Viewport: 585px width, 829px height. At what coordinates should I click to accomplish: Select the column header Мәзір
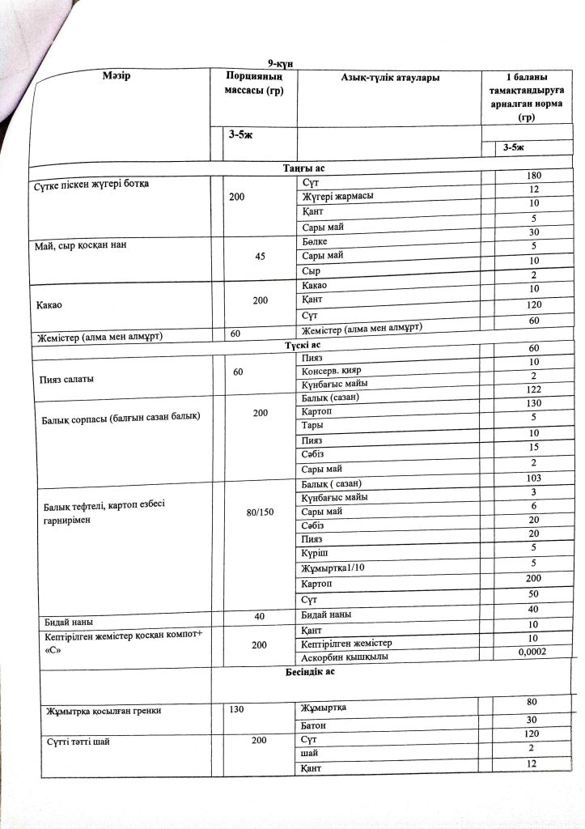117,75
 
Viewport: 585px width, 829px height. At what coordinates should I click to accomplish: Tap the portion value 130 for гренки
236,710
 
